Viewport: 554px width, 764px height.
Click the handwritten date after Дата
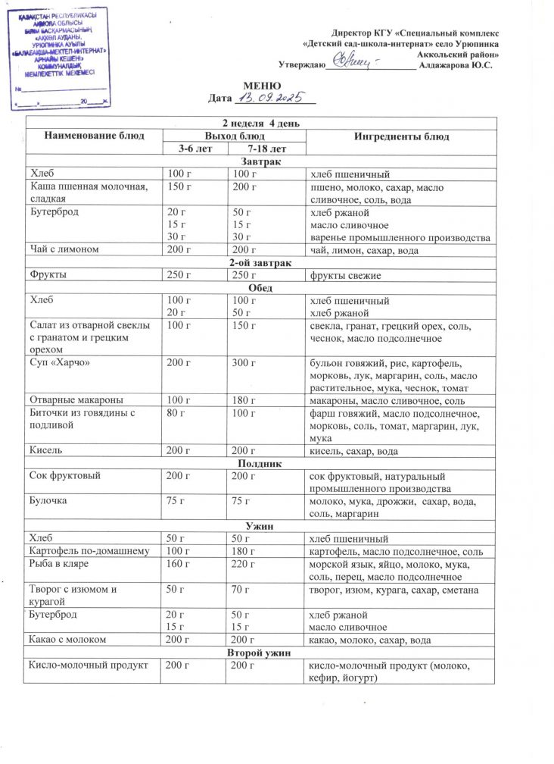coord(270,98)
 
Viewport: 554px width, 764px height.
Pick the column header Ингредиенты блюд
coord(401,136)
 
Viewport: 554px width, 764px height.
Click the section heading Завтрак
coord(261,162)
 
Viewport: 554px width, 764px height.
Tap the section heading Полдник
coord(261,463)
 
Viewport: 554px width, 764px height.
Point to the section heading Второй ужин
coord(261,653)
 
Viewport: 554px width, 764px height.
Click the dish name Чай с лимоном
coord(61,251)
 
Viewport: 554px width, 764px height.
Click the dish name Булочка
coord(48,501)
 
